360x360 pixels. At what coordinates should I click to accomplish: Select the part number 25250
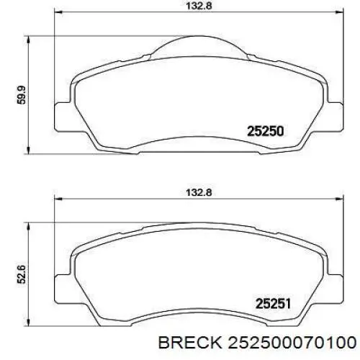pos(266,132)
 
